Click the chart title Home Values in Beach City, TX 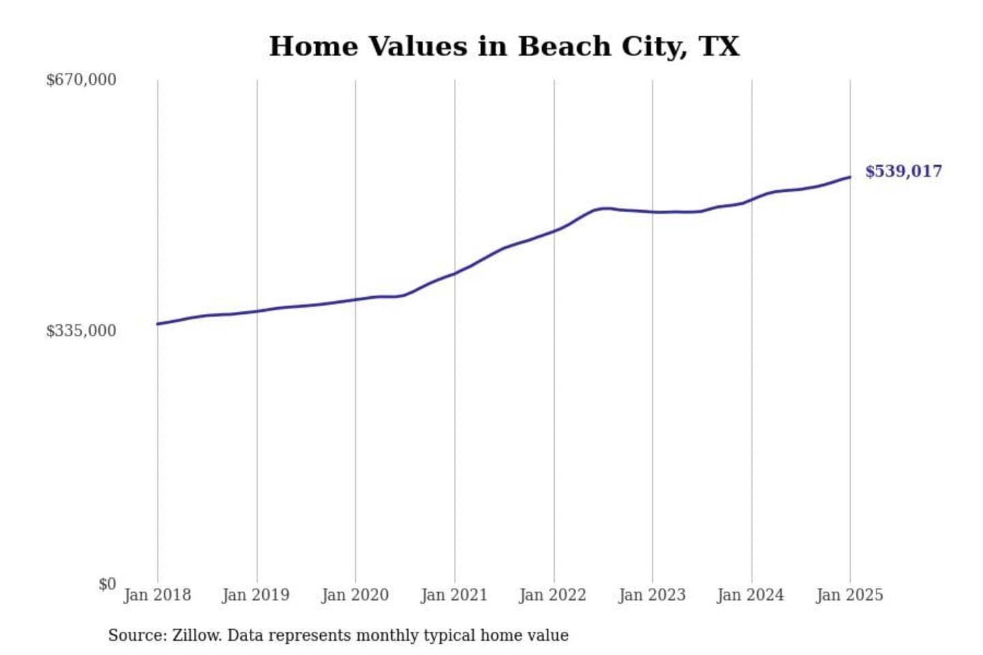(504, 46)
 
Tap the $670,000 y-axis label (81, 80)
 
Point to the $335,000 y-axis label (81, 331)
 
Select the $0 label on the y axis (107, 584)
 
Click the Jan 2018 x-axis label (157, 595)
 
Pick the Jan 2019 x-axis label (256, 595)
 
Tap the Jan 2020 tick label (355, 595)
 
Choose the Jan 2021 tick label (454, 595)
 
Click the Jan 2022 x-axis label (553, 595)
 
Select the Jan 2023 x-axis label (652, 595)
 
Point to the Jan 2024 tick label (751, 595)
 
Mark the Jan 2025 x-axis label (850, 595)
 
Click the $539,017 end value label (904, 171)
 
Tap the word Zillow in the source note (197, 635)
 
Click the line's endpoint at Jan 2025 (850, 177)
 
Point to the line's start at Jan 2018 (158, 323)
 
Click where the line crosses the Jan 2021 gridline (455, 274)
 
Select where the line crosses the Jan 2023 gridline (653, 212)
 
